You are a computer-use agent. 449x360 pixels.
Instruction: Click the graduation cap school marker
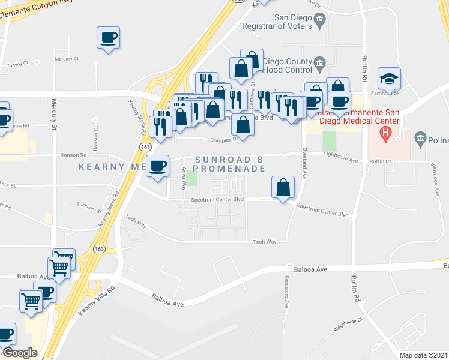coord(389,79)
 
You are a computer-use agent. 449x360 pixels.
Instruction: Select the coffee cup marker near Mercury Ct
coord(109,38)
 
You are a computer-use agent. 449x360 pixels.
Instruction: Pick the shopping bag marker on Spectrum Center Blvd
coord(283,187)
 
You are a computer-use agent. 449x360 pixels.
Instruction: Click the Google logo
coord(19,353)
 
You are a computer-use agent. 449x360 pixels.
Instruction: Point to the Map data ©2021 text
coord(423,355)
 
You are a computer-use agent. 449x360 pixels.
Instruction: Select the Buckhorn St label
coord(89,205)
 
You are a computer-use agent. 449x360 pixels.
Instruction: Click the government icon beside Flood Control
coord(319,62)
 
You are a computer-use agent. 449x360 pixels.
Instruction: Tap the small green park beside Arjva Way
coord(191,178)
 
